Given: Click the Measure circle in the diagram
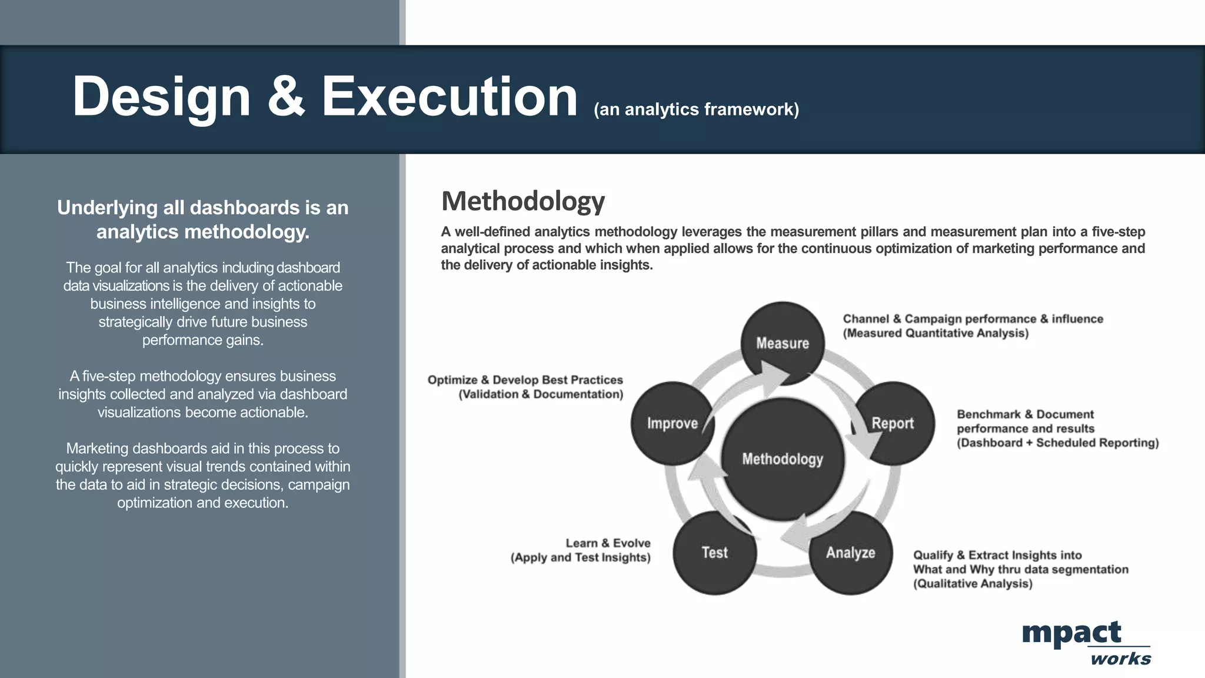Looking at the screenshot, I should pyautogui.click(x=783, y=343).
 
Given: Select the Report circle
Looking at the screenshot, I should pyautogui.click(x=893, y=423).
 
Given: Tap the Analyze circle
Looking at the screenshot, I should pyautogui.click(x=851, y=553).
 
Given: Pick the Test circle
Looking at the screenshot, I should pyautogui.click(x=714, y=553).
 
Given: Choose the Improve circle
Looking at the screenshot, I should pyautogui.click(x=673, y=423).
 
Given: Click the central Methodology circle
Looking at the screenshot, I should pyautogui.click(x=783, y=459).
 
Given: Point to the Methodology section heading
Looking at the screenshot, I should pyautogui.click(x=523, y=201).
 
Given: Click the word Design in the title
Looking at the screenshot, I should pyautogui.click(x=161, y=97).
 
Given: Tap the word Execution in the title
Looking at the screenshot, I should pyautogui.click(x=450, y=97).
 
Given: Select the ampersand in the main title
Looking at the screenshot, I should pyautogui.click(x=287, y=97).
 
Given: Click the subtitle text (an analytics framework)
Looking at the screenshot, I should pyautogui.click(x=696, y=109).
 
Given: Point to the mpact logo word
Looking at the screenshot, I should pyautogui.click(x=1071, y=633).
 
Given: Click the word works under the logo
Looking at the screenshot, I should pyautogui.click(x=1120, y=659).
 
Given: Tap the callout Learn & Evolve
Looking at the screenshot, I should pyautogui.click(x=608, y=543).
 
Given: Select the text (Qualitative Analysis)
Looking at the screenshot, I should pyautogui.click(x=973, y=584).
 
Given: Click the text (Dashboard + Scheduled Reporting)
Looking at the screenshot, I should pyautogui.click(x=1057, y=443).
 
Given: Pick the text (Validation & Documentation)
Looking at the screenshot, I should pyautogui.click(x=541, y=394).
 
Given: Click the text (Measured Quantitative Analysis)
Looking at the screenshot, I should pyautogui.click(x=936, y=333).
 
